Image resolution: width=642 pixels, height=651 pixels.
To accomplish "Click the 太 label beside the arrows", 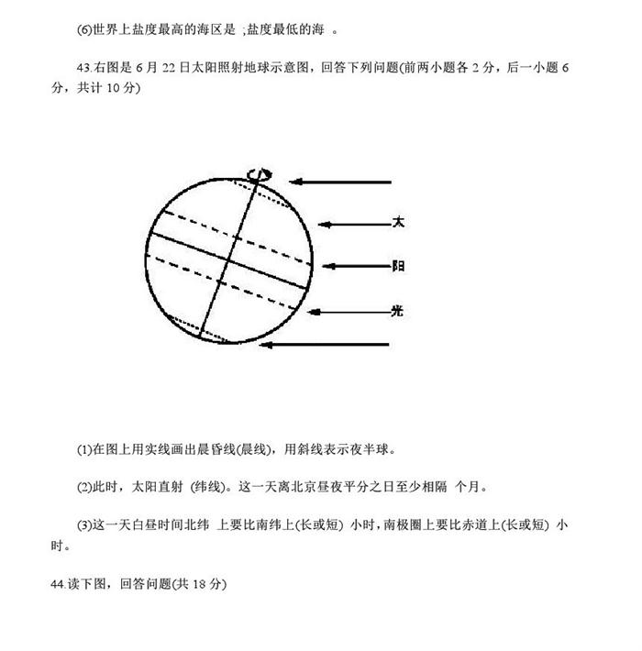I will click(x=398, y=222).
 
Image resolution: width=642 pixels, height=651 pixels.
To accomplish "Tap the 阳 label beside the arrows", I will click(x=398, y=266).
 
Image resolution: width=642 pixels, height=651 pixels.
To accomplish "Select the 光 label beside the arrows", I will click(x=398, y=311).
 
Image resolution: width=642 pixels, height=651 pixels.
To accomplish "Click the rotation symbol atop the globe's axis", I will click(x=260, y=174).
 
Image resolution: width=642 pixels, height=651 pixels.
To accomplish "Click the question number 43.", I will click(x=86, y=68).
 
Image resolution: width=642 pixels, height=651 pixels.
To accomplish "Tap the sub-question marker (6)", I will click(x=85, y=29).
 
